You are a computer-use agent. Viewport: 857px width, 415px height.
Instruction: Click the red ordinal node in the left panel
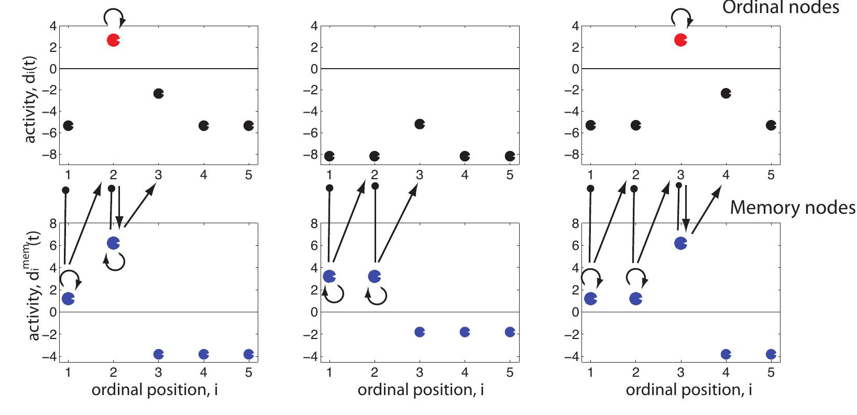click(x=113, y=40)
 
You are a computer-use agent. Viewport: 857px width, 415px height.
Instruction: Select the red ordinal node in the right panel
click(x=680, y=40)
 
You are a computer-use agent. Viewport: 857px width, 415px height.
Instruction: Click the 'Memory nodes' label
click(x=793, y=208)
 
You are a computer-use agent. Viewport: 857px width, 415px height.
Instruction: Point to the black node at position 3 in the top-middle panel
click(x=420, y=124)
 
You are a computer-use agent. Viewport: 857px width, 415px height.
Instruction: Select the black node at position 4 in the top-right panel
click(x=726, y=93)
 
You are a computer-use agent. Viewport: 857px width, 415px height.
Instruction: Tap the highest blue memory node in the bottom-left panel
click(x=113, y=243)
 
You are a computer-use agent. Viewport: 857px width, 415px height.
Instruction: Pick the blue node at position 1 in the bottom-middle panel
click(x=329, y=276)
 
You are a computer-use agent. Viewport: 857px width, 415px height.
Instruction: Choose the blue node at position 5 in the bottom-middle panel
click(x=510, y=332)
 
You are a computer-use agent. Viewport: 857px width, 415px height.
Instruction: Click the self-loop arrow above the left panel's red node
click(x=114, y=18)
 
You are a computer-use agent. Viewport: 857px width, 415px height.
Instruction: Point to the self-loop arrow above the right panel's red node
click(x=682, y=18)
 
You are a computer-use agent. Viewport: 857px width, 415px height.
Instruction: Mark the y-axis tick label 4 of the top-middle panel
click(x=314, y=26)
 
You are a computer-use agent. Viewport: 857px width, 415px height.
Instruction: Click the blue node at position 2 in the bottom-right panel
click(x=635, y=299)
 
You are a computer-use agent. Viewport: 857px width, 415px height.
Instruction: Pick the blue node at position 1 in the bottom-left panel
click(x=68, y=299)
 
